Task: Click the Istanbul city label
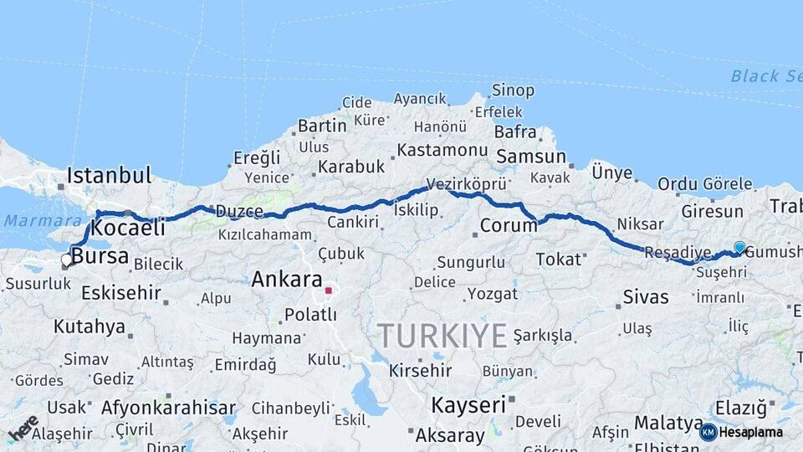click(109, 176)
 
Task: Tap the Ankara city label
click(287, 279)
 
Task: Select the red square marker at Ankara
click(329, 291)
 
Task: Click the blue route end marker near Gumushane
click(739, 246)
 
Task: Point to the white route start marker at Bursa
click(67, 259)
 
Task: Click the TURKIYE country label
click(442, 336)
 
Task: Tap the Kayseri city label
click(468, 405)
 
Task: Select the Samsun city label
click(531, 157)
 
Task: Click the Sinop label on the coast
click(513, 90)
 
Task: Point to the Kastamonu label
click(442, 151)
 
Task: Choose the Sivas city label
click(646, 296)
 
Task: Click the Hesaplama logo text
click(750, 433)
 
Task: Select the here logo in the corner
click(23, 427)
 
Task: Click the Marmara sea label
click(30, 221)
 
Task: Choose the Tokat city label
click(558, 259)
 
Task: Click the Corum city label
click(509, 225)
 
